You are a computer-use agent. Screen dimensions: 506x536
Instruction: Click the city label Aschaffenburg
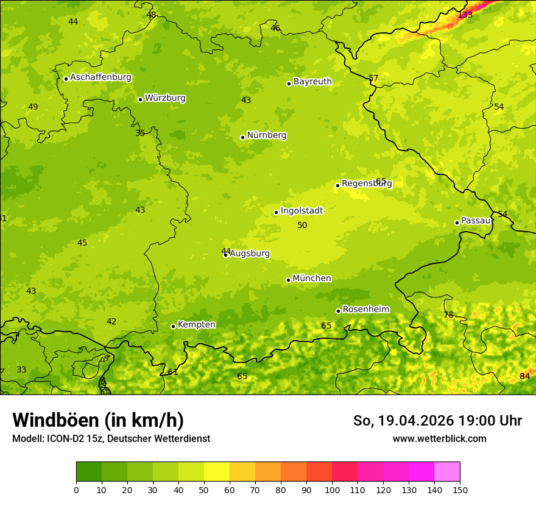tap(100, 77)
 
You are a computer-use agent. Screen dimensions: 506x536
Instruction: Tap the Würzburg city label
tap(165, 98)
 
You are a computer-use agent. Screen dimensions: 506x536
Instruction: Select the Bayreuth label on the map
tap(312, 82)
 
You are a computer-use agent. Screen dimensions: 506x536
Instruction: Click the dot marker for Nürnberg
tap(242, 137)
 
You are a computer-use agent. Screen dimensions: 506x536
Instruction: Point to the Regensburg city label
tap(367, 184)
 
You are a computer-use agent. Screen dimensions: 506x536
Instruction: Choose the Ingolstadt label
tap(301, 211)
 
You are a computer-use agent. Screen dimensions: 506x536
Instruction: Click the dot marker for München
tap(288, 280)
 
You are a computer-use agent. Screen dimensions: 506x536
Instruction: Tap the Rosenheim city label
tap(365, 310)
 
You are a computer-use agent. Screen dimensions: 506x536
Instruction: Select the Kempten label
tap(196, 325)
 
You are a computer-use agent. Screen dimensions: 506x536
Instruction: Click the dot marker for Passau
tap(457, 223)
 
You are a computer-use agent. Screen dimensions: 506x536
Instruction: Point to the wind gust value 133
tap(465, 15)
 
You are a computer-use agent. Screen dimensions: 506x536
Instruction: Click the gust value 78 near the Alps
tap(448, 315)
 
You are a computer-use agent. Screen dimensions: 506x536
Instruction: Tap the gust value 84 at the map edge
tap(524, 377)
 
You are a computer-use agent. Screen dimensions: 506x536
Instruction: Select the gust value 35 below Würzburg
tap(140, 134)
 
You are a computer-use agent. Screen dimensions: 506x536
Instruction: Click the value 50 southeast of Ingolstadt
tap(302, 226)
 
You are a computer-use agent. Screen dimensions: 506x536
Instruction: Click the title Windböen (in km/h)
tap(98, 420)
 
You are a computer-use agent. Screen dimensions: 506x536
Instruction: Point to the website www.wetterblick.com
tap(439, 439)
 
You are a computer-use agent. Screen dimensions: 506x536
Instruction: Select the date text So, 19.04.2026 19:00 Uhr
tap(437, 421)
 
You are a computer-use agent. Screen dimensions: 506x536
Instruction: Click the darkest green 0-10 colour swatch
tap(89, 471)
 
